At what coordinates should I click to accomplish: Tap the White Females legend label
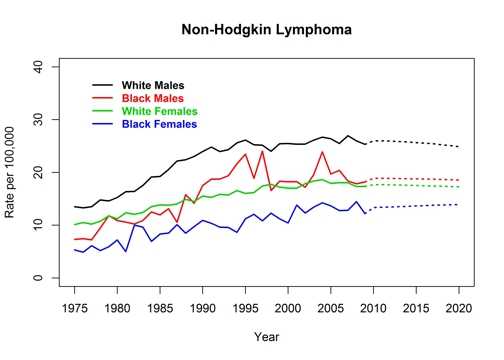[160, 111]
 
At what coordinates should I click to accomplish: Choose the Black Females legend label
[159, 124]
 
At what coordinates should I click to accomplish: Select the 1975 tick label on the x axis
[75, 304]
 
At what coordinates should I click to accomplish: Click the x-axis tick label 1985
[160, 304]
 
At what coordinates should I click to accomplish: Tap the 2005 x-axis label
[331, 304]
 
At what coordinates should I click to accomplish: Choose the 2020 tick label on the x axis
[459, 304]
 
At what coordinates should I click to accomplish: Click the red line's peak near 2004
[322, 152]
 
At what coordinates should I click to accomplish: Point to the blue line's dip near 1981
[126, 251]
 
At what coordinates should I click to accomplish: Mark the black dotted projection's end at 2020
[459, 147]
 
